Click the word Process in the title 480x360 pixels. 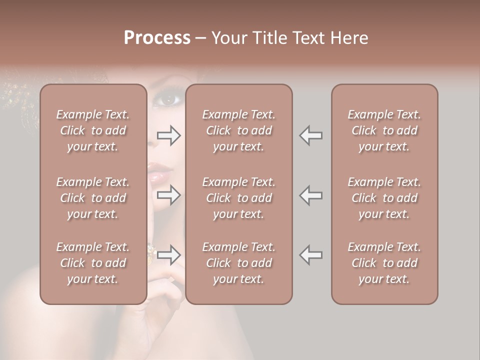(157, 38)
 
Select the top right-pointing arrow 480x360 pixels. (169, 135)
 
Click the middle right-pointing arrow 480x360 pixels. (169, 195)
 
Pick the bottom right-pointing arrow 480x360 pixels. (169, 255)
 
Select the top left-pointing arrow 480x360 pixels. (311, 135)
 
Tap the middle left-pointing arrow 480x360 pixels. (311, 195)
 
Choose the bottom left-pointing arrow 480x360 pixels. (311, 255)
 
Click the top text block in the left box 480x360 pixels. (93, 130)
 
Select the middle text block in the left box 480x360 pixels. (93, 197)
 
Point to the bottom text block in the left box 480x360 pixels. (93, 263)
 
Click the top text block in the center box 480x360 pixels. (238, 130)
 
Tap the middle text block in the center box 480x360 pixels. (238, 197)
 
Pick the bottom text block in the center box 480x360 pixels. (238, 263)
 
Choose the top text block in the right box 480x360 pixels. (384, 130)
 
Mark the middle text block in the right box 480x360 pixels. (384, 197)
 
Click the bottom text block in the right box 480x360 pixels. (384, 263)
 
